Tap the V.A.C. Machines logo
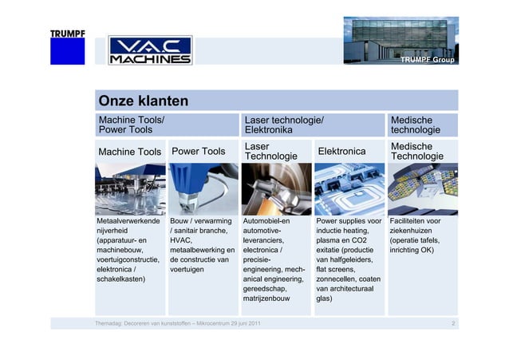149,50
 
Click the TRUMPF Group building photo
400,41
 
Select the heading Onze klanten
143,101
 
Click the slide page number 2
452,323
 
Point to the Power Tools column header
198,151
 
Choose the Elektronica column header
341,151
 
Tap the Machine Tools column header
129,152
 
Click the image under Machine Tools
129,188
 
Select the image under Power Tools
203,188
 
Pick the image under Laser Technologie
275,188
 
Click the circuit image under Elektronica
349,188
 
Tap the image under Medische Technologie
423,188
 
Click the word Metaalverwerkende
128,221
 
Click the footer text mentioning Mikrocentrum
176,323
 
